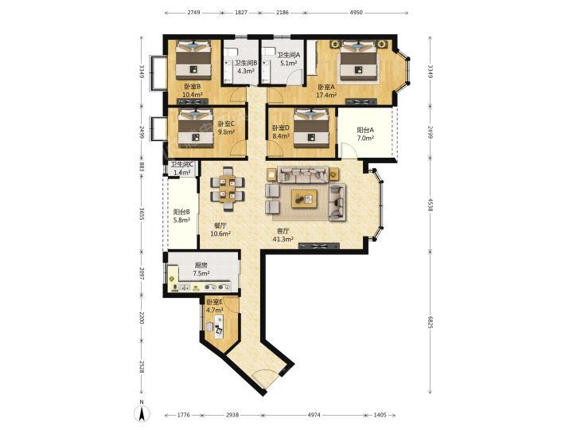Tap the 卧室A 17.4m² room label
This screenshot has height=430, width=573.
click(326, 92)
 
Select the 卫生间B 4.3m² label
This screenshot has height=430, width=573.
click(246, 67)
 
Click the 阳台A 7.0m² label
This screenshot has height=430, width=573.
click(365, 134)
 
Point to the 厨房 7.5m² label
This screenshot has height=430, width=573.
click(201, 269)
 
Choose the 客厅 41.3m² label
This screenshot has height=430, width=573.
click(283, 235)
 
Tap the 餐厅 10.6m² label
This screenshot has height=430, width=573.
click(220, 229)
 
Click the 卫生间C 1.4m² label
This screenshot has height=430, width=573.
click(182, 169)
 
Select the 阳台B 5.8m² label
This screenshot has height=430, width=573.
click(181, 216)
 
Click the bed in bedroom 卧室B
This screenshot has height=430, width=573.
click(193, 60)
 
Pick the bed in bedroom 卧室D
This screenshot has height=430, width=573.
click(311, 128)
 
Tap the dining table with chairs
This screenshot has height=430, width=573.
click(228, 189)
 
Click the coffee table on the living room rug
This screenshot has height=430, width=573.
click(304, 199)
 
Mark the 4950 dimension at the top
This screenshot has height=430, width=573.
click(357, 13)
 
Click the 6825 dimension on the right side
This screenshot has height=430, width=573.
click(430, 320)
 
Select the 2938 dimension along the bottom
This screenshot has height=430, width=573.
click(232, 415)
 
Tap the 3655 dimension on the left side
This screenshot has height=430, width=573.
click(142, 212)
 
